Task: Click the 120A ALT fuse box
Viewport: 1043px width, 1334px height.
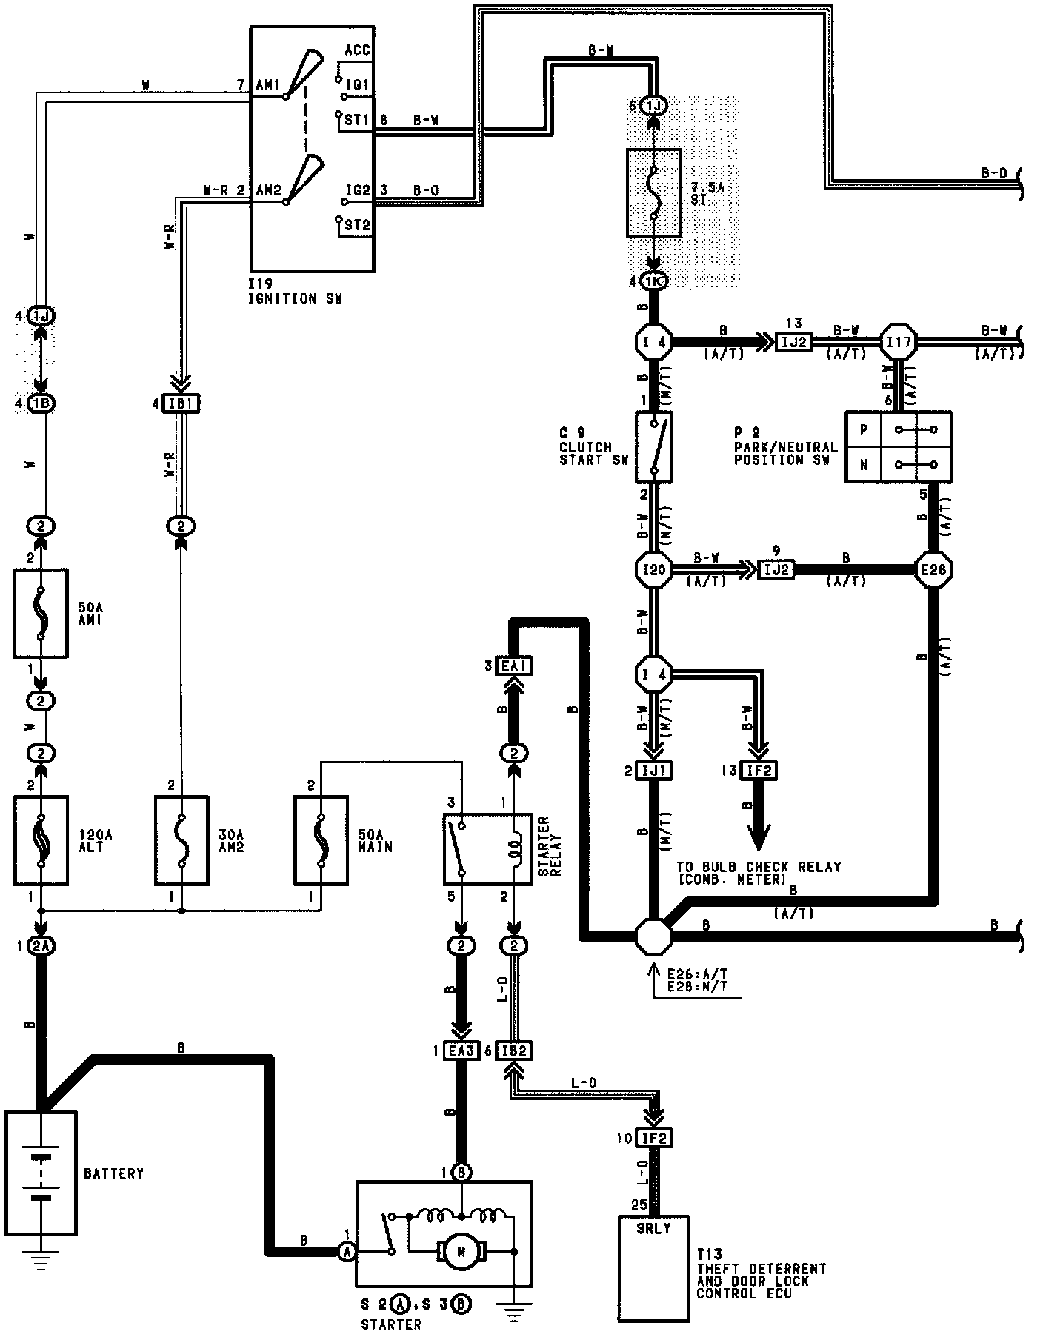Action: (x=41, y=839)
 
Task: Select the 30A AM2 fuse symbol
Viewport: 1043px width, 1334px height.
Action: (x=181, y=839)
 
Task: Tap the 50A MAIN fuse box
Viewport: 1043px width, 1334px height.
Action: (x=321, y=839)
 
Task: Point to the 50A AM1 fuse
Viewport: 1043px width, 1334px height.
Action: (x=41, y=613)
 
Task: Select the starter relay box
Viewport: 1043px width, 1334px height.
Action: (x=487, y=848)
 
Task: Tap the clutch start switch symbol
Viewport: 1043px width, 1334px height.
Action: (x=654, y=447)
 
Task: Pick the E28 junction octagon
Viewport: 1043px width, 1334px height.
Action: (x=932, y=569)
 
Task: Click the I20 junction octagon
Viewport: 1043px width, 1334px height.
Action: (x=654, y=569)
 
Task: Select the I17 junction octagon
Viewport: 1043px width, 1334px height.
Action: (x=898, y=342)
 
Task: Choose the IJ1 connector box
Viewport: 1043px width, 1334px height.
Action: (x=654, y=771)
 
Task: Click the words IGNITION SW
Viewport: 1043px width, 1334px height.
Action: (x=296, y=299)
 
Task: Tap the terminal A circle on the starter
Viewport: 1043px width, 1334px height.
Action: (x=346, y=1250)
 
